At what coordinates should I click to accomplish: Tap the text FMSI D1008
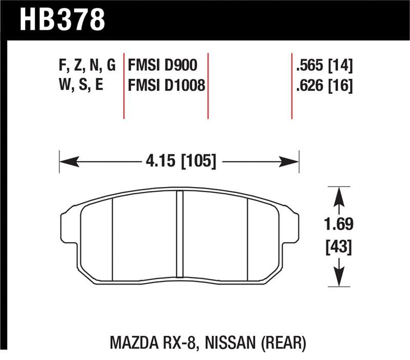(x=166, y=86)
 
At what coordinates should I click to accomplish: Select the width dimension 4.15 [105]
(x=179, y=162)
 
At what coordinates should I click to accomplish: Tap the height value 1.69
(x=337, y=224)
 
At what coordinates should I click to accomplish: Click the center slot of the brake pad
(x=179, y=236)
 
